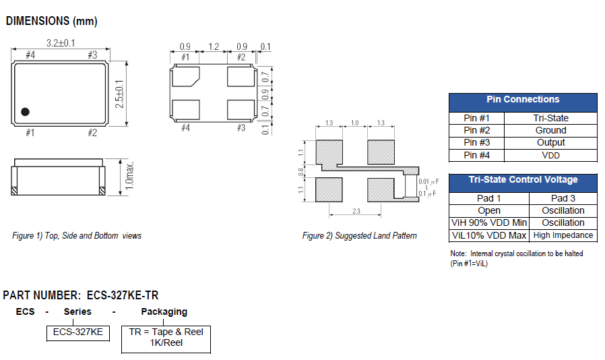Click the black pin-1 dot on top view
(26, 111)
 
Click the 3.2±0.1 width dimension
(60, 43)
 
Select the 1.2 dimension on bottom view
(213, 47)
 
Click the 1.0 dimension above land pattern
(355, 123)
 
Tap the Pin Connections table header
(523, 100)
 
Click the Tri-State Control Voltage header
(523, 180)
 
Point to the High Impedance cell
(563, 235)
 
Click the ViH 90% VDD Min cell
(489, 223)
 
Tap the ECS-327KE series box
(78, 332)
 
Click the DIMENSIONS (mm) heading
(51, 21)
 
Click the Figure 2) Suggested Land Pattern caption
(359, 236)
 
